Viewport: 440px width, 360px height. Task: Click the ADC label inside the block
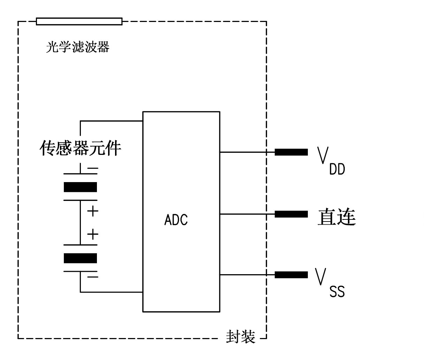coord(176,220)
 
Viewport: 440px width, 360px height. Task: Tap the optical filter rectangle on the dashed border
coord(79,22)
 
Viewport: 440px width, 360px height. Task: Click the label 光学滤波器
coord(77,47)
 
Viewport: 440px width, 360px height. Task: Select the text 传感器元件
coord(80,148)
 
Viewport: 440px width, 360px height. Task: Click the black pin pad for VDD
coord(291,152)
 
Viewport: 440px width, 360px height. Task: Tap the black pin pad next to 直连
coord(291,214)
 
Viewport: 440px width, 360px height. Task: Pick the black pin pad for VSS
coord(291,275)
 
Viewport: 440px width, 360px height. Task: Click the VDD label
coord(331,161)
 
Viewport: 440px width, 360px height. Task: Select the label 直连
coord(336,217)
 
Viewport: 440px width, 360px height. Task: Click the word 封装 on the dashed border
coord(241,337)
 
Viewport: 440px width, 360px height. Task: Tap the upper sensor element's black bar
coord(80,187)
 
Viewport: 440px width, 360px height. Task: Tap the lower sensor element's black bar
coord(80,258)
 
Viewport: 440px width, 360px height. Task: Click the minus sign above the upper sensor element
coord(92,169)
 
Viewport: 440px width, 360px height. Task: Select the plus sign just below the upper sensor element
coord(92,211)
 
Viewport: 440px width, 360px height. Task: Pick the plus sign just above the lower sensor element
coord(92,234)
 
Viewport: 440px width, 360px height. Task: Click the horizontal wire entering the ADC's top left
coord(112,121)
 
